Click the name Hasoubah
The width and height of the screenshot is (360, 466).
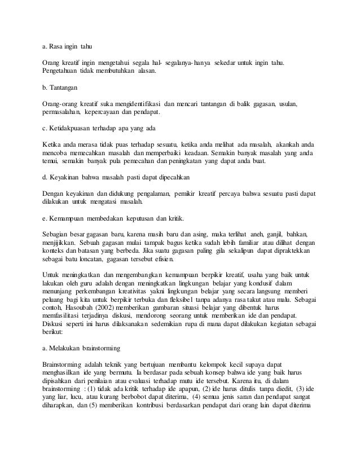(84, 317)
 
